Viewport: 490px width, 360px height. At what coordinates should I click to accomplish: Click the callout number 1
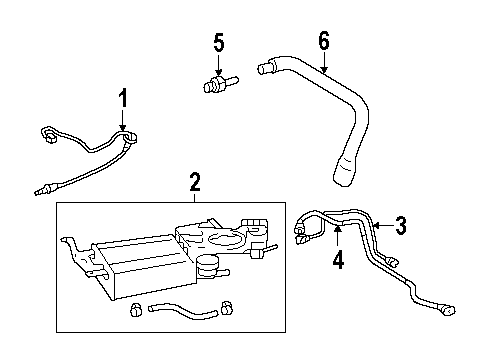[123, 98]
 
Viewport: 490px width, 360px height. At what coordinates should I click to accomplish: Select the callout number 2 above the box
[195, 181]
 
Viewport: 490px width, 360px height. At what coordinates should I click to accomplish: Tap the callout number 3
[400, 225]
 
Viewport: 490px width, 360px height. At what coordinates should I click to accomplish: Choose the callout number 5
[219, 43]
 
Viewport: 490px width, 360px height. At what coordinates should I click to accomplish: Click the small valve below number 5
[217, 84]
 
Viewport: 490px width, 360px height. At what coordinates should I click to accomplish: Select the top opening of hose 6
[265, 70]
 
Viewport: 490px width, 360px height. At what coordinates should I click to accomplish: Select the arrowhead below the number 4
[338, 229]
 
